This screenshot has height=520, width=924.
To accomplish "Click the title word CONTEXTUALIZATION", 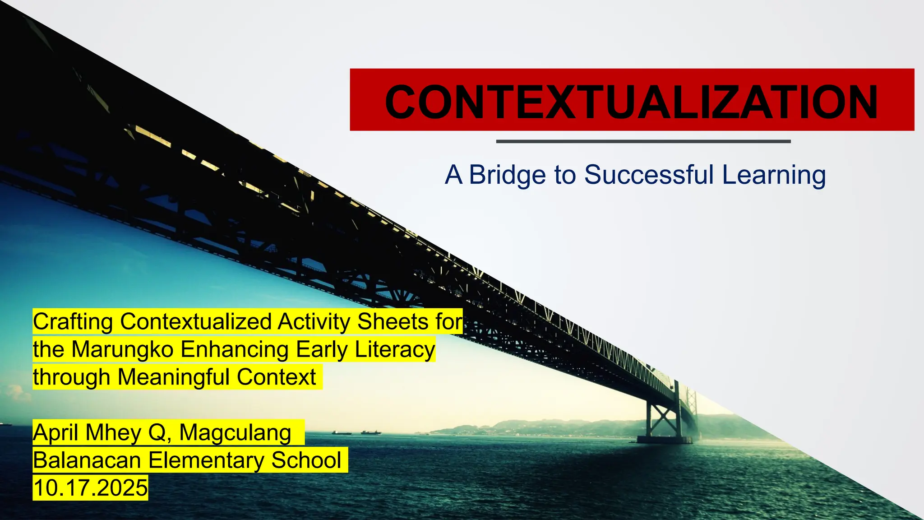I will coord(632,102).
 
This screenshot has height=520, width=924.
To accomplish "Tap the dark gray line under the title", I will coord(643,141).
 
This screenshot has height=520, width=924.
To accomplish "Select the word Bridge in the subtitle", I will coord(507,175).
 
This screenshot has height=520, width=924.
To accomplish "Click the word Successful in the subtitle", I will coord(649,175).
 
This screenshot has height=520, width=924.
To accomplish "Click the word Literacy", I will coord(395,349).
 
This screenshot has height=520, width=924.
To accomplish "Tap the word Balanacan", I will coord(87,460).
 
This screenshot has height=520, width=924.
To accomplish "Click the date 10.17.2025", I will coord(90,488).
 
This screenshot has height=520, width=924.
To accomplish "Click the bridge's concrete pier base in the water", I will coord(664,439).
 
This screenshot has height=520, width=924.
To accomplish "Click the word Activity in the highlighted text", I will coord(314,322).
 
